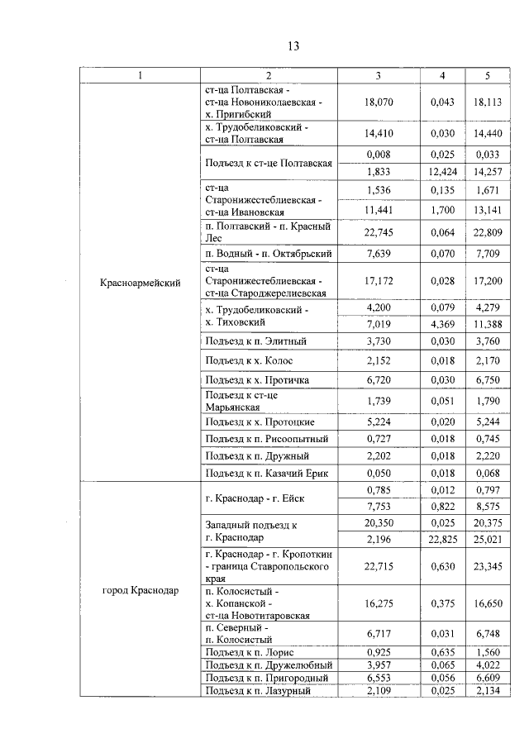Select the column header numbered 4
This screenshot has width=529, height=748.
tap(442, 76)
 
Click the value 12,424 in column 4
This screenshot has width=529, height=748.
tap(442, 172)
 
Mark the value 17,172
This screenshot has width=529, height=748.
tap(378, 281)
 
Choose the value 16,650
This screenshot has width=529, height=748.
tap(488, 604)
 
